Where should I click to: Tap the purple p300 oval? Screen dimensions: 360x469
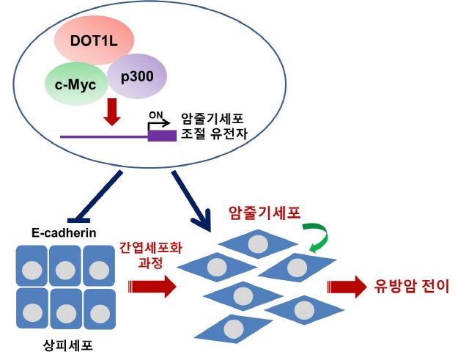pos(136,76)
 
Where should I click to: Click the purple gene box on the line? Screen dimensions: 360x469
pos(161,136)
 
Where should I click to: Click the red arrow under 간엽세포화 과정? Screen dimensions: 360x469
pos(150,285)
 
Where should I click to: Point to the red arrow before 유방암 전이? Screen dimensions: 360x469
pos(346,286)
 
